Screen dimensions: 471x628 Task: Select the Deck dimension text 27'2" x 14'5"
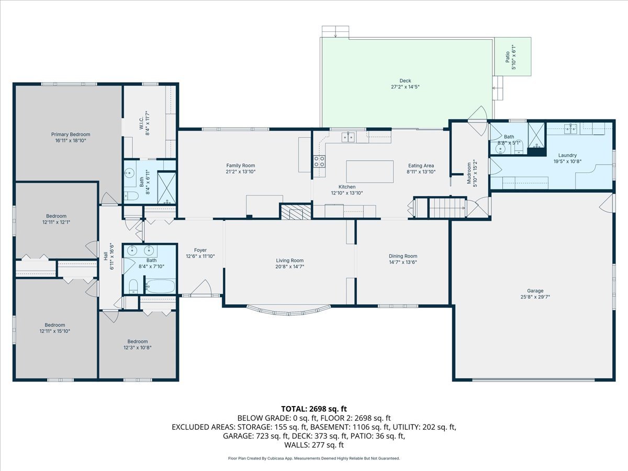[405, 87]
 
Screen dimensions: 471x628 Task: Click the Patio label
[507, 58]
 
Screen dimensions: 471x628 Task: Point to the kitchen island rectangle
[369, 171]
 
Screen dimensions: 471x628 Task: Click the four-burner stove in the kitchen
[319, 161]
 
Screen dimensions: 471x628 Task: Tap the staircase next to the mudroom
[440, 207]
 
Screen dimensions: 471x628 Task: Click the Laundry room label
[567, 155]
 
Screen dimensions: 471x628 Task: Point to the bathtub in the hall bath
[161, 286]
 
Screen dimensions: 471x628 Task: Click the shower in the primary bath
[166, 187]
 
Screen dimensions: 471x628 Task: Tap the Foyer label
[200, 250]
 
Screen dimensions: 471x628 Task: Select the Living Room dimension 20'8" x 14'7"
[290, 266]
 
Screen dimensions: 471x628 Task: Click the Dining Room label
[402, 256]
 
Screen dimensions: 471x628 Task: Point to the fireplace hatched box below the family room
[296, 211]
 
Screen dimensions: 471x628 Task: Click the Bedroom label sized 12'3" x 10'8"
[138, 341]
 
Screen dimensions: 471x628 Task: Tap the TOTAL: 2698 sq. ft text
[314, 408]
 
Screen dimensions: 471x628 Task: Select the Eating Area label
[421, 165]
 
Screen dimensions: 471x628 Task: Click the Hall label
[105, 256]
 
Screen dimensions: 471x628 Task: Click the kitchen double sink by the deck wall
[347, 137]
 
